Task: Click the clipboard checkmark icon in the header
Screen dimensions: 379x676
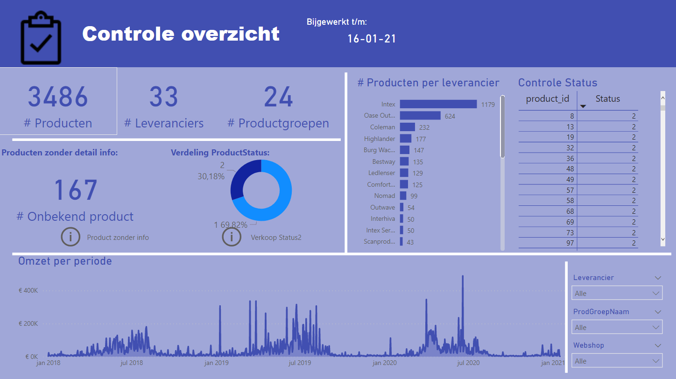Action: pyautogui.click(x=41, y=39)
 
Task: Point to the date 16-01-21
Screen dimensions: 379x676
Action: pyautogui.click(x=372, y=39)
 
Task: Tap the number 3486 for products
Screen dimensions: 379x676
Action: pyautogui.click(x=58, y=97)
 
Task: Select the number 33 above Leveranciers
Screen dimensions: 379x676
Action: pyautogui.click(x=164, y=97)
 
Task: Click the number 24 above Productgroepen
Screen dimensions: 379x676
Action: pyautogui.click(x=278, y=97)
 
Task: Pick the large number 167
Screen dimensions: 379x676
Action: pyautogui.click(x=75, y=190)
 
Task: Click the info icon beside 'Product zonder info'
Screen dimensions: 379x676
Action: pyautogui.click(x=70, y=237)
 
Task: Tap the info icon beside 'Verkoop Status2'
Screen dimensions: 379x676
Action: pyautogui.click(x=232, y=237)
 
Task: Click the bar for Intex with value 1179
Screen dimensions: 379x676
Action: pyautogui.click(x=438, y=104)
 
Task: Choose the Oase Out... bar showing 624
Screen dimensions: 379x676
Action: pyautogui.click(x=420, y=116)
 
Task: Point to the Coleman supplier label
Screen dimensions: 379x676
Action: pyautogui.click(x=382, y=127)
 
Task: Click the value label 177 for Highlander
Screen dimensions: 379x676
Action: pyautogui.click(x=420, y=139)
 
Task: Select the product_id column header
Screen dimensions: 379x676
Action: pyautogui.click(x=548, y=99)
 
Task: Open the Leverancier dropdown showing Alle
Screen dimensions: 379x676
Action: pyautogui.click(x=617, y=293)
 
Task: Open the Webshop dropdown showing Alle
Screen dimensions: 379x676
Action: pyautogui.click(x=617, y=361)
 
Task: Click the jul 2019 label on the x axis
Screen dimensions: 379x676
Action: pyautogui.click(x=299, y=363)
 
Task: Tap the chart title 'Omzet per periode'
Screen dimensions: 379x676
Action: pyautogui.click(x=65, y=261)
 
